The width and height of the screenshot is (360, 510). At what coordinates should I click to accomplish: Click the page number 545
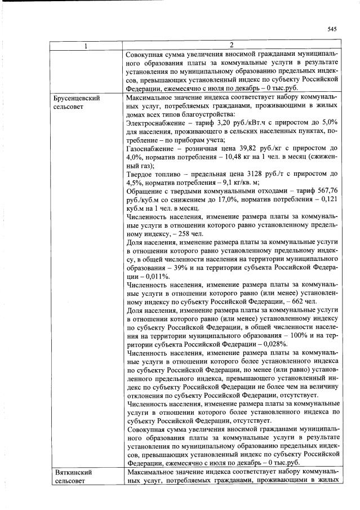coord(331,29)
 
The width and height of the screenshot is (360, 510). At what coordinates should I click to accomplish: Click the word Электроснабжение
coord(156,124)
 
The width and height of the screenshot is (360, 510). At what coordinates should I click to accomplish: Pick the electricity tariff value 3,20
coord(221,124)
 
